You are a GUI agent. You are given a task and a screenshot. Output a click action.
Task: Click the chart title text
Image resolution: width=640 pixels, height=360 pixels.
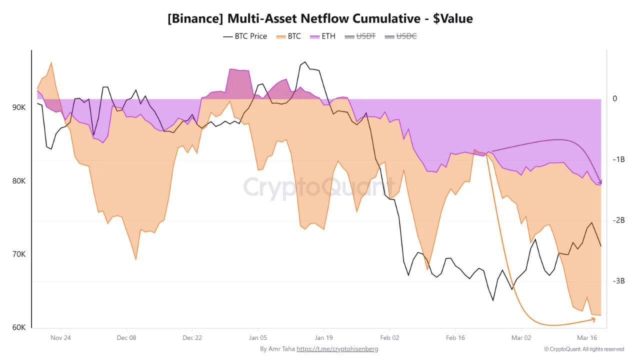click(320, 18)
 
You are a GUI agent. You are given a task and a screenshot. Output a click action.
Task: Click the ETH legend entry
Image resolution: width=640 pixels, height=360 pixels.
click(323, 36)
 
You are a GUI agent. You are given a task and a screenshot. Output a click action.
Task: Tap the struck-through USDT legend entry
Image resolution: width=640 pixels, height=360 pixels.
click(359, 36)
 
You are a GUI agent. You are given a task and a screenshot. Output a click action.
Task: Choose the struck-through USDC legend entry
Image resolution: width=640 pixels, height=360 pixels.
click(400, 36)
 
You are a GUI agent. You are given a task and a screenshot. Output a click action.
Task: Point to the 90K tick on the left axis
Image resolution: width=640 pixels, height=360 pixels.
click(19, 107)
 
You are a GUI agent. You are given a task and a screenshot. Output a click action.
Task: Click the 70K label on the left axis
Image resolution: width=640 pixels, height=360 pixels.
click(19, 254)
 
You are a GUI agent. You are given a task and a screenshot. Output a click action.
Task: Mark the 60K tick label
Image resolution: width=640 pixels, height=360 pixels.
click(19, 327)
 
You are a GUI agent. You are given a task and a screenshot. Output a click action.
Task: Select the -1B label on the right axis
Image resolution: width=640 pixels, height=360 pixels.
click(619, 159)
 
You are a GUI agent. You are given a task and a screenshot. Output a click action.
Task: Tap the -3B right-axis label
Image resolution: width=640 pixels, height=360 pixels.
click(619, 281)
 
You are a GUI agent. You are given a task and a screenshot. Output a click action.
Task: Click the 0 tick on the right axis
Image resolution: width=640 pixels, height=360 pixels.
click(615, 98)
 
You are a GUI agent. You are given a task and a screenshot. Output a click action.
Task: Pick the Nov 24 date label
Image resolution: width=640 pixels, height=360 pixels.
click(60, 337)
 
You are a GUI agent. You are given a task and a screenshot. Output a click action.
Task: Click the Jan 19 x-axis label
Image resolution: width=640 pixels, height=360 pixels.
click(323, 337)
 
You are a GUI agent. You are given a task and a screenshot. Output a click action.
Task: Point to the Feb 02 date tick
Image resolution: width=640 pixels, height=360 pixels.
click(389, 337)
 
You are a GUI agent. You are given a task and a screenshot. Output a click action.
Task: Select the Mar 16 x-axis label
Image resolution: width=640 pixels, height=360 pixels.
click(587, 337)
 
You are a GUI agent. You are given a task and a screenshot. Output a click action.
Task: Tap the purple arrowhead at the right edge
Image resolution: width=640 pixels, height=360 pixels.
click(600, 182)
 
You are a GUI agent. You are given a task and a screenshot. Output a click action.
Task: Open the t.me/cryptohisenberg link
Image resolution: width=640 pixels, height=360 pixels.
click(337, 349)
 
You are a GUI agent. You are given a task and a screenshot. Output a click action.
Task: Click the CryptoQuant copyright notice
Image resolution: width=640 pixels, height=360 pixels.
click(584, 349)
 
